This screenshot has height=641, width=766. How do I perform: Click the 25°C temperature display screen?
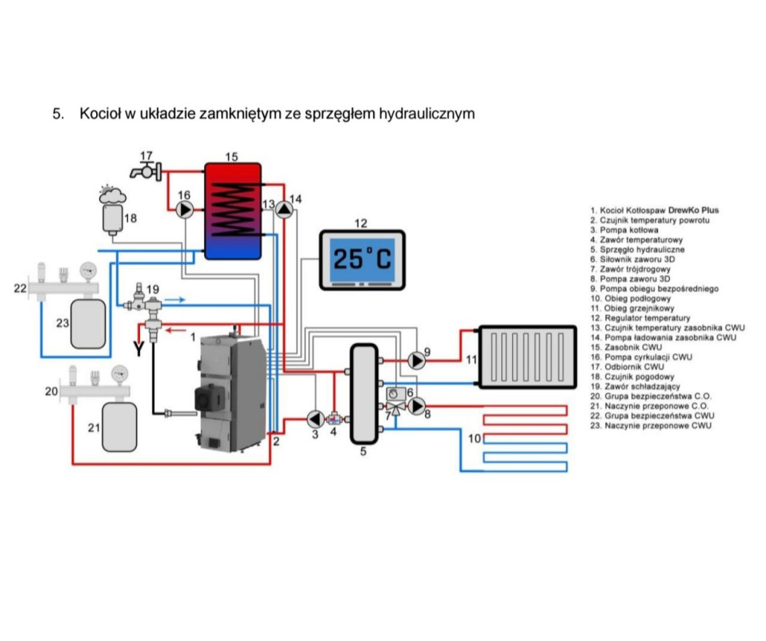363,258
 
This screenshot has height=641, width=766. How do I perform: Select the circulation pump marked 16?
185,210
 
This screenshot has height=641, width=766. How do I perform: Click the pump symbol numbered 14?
285,210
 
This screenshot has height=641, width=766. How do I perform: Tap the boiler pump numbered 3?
315,418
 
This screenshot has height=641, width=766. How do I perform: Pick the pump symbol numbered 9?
417,360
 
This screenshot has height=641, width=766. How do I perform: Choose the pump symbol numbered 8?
417,407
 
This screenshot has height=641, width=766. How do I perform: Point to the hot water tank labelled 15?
232,210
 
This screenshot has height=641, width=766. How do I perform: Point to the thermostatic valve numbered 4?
336,418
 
